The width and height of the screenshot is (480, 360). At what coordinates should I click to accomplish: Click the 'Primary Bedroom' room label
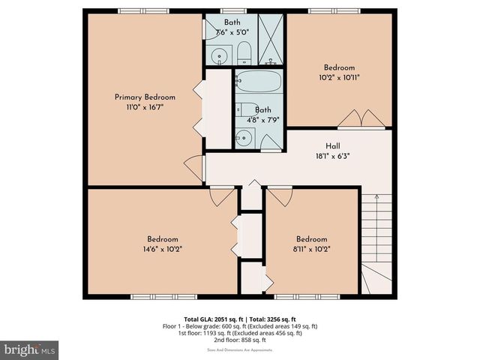pos(145,97)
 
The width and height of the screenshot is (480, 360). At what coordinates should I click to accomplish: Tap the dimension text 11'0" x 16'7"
pos(145,108)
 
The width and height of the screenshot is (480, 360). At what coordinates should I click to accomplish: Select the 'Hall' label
pos(334,146)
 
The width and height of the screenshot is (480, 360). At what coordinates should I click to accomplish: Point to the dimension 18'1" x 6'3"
pos(334,157)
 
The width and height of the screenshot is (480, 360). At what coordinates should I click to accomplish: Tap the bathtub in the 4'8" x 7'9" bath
pos(257,83)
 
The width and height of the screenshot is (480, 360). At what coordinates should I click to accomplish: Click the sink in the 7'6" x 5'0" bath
pos(220,54)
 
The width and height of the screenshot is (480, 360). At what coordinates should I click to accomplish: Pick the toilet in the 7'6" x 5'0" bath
pos(244,53)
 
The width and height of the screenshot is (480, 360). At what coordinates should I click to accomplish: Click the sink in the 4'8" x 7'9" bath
pos(244,136)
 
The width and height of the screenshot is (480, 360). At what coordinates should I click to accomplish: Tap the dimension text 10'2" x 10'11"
pos(339,77)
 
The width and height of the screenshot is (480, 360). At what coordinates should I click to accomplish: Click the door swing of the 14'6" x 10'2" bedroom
pos(221,196)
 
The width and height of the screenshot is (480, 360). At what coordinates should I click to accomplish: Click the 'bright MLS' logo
pos(30,350)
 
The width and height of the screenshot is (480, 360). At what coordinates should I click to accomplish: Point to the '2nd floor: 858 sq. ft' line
pos(240,340)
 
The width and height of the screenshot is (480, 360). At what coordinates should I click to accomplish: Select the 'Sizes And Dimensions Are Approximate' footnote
pos(240,349)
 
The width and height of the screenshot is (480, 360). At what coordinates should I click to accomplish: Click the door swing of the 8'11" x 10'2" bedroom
pos(280,196)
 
